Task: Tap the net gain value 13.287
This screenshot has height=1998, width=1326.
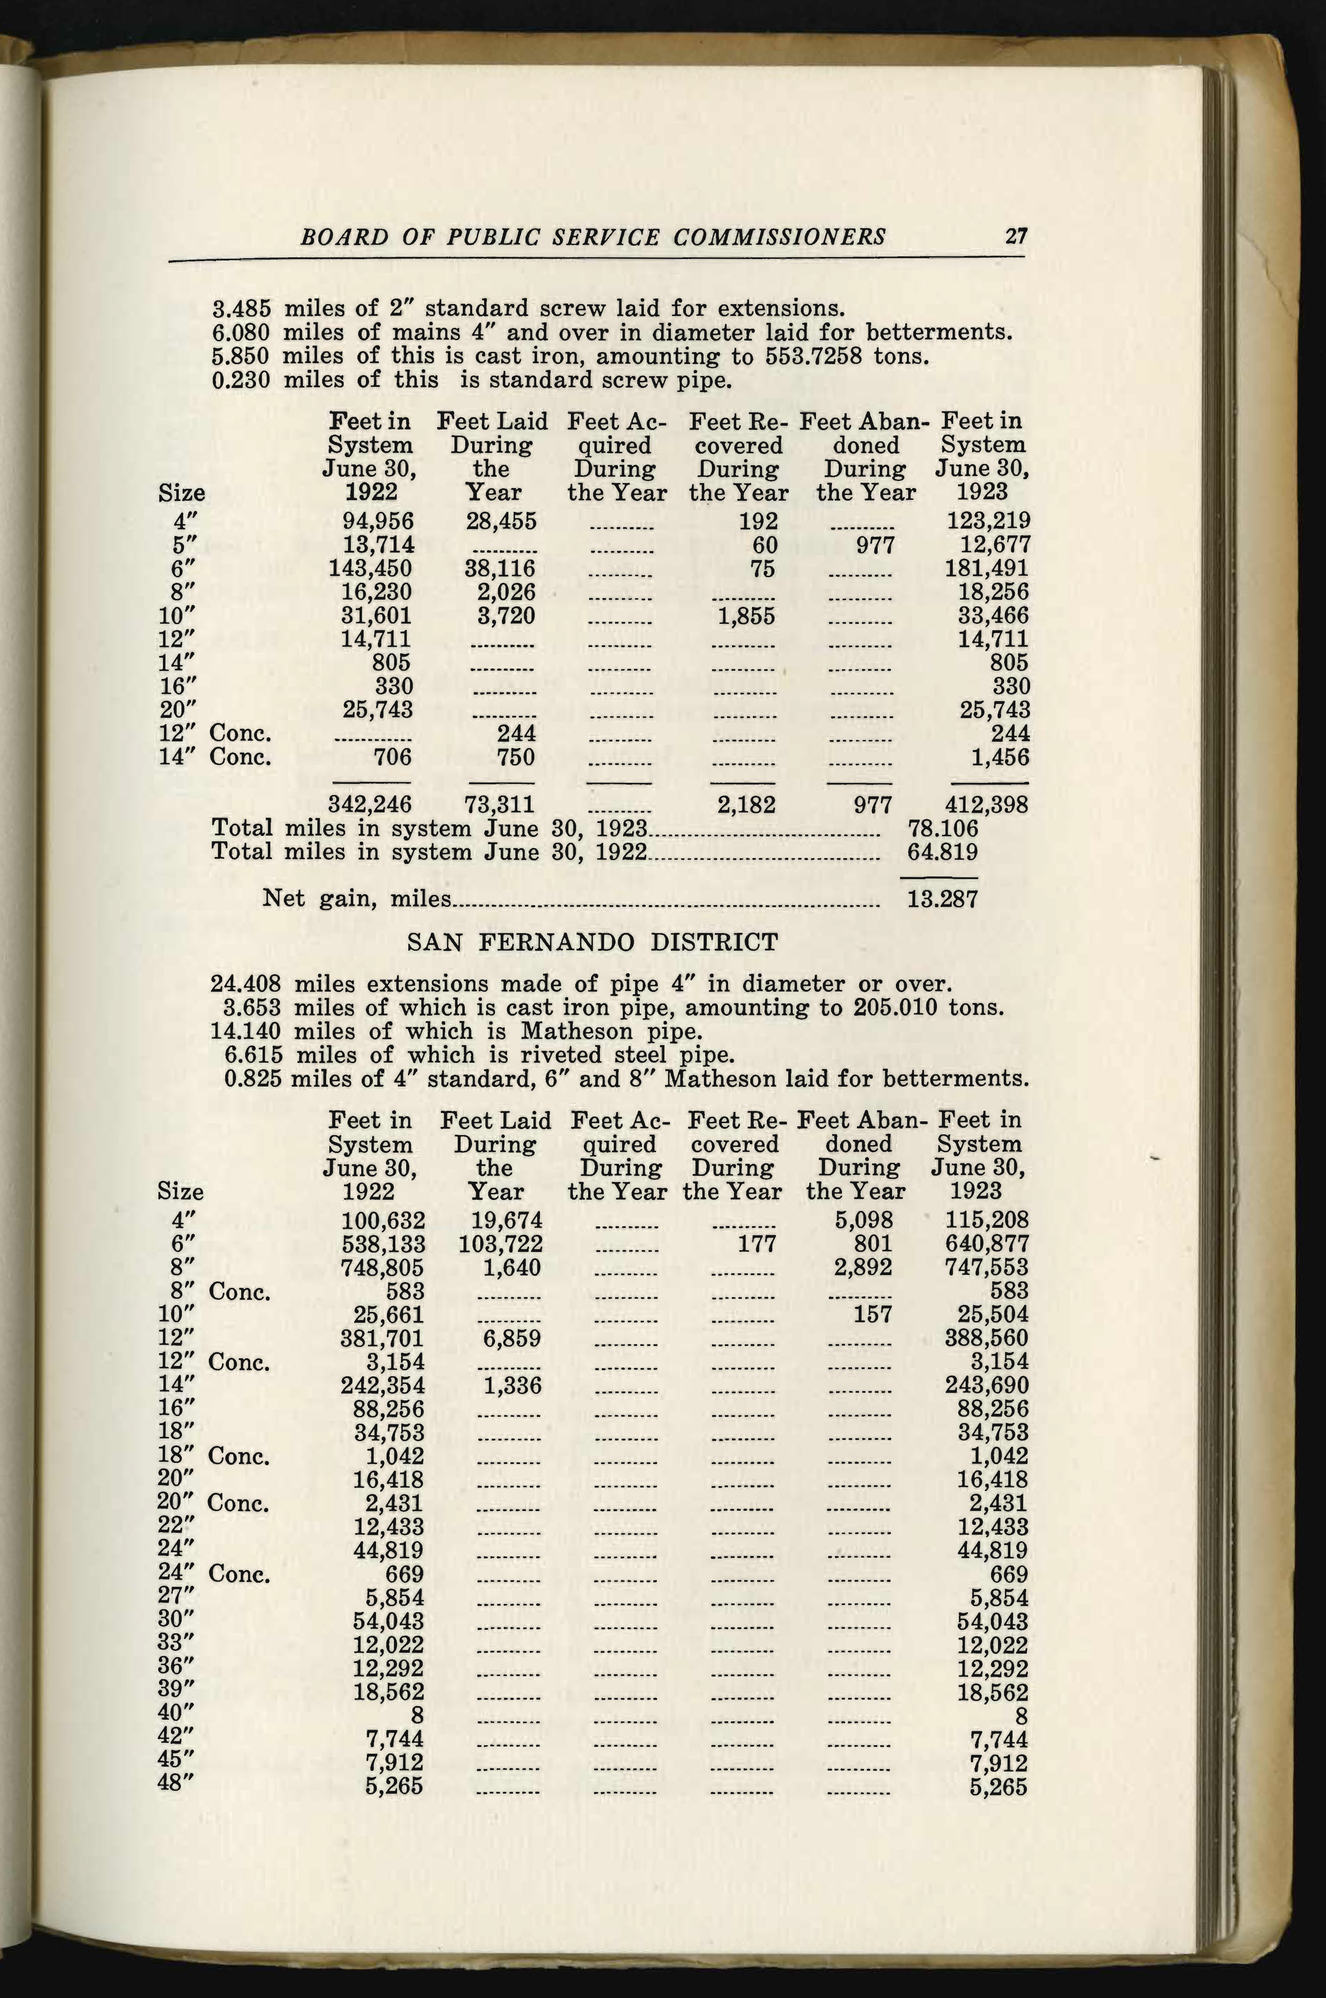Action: [x=942, y=898]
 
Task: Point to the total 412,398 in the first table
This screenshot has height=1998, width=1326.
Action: [x=985, y=804]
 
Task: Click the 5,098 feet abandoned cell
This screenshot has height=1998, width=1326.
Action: [x=863, y=1220]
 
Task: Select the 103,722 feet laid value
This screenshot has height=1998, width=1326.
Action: [x=501, y=1244]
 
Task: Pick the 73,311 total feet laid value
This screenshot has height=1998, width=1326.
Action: [x=501, y=804]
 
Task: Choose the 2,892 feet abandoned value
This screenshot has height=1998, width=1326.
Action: [x=863, y=1267]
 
